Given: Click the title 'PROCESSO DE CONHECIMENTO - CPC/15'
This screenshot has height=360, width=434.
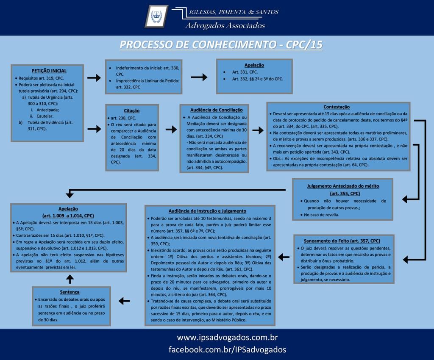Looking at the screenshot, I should (x=221, y=44).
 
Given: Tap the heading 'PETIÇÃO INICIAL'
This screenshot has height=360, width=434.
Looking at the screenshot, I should (x=49, y=71).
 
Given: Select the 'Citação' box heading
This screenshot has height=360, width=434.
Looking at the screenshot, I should (x=131, y=110).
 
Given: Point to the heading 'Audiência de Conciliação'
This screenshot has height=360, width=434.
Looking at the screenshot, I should (x=214, y=109).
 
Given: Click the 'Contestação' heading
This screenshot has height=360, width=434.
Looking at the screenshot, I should (x=337, y=107).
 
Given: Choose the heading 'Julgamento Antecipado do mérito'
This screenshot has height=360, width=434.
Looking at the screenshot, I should (x=343, y=186).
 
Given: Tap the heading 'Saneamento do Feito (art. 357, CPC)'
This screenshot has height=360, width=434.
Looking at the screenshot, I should (x=342, y=241).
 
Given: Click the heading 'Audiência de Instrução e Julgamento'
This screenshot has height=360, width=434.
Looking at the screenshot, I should (x=207, y=210).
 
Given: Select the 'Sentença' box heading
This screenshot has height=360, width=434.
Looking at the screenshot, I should (x=70, y=292).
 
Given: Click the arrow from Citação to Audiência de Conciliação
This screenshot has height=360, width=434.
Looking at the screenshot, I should (x=171, y=130).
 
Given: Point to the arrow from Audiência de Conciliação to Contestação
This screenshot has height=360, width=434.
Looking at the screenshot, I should (x=258, y=130).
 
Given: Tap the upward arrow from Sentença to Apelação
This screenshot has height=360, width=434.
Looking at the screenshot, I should (x=70, y=278).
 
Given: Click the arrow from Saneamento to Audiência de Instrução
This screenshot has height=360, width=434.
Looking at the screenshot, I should (x=284, y=257).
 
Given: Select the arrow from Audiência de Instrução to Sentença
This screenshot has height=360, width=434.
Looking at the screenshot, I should (x=124, y=301).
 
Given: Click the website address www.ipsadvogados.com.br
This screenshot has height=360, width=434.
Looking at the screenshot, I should (x=227, y=338).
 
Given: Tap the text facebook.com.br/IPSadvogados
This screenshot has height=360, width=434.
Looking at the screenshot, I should (x=227, y=349).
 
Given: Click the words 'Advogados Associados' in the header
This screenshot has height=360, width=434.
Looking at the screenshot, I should (x=225, y=26).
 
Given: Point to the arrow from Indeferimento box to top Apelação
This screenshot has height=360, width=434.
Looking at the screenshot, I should (x=199, y=77).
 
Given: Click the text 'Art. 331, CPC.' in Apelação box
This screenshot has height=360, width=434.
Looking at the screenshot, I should (x=245, y=72).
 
